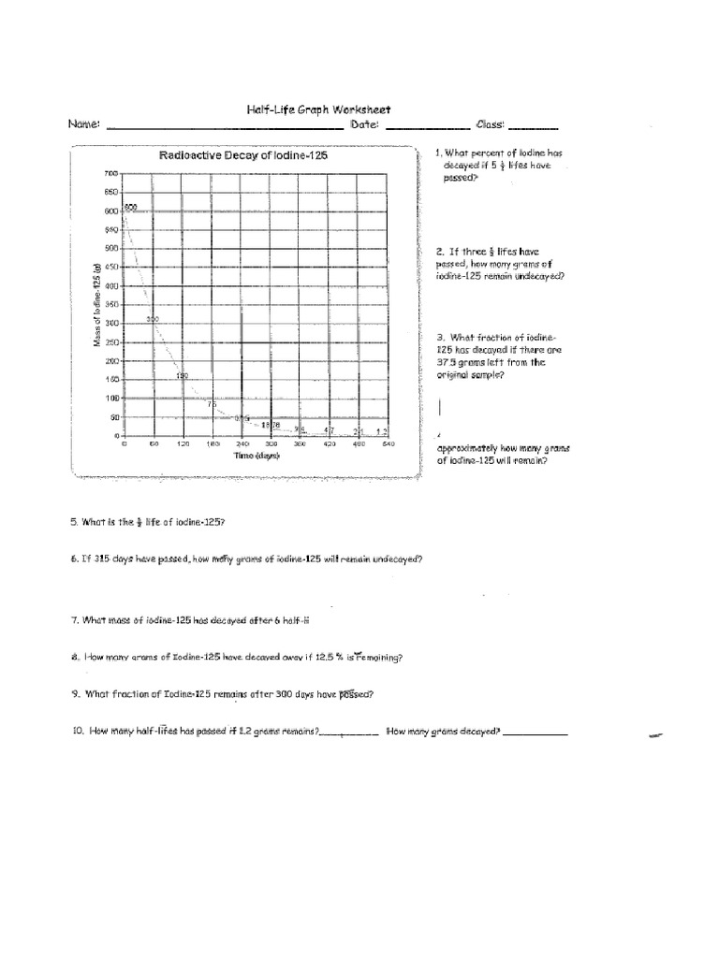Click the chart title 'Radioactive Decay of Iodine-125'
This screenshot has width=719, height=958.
point(243,156)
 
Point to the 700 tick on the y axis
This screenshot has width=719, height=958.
point(111,174)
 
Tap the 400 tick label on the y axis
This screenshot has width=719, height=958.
point(111,286)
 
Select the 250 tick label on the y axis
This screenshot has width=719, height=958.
point(111,342)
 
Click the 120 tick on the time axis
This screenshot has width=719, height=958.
point(183,444)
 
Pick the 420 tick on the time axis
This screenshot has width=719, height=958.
point(329,444)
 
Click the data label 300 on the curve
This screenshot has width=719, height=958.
point(154,320)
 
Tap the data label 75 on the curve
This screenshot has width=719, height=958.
point(212,404)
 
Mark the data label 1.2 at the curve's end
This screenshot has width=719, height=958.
point(381,430)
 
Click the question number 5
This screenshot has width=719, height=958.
point(74,522)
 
